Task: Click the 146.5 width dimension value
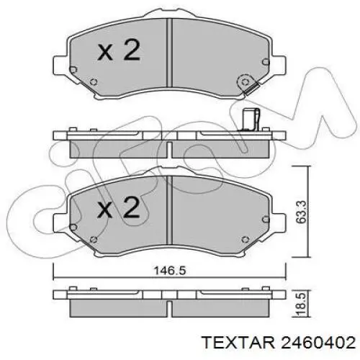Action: click(170, 271)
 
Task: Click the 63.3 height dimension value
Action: click(301, 212)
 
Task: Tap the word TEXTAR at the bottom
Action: click(238, 342)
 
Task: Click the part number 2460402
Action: click(318, 342)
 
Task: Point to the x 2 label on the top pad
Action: click(119, 51)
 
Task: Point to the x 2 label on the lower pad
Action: click(119, 208)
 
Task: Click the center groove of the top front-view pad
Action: click(169, 53)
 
